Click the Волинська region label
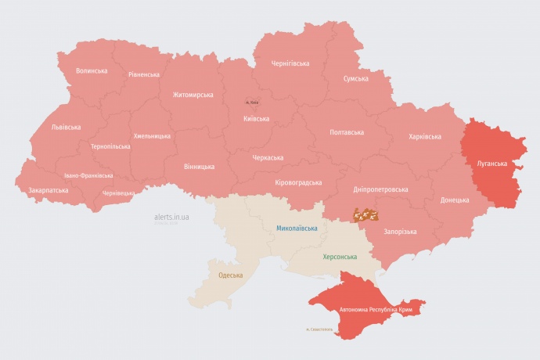(x=92, y=71)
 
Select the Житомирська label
(x=193, y=95)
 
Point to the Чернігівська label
(x=290, y=63)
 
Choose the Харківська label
(x=425, y=137)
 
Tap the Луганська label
(x=491, y=164)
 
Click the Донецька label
(x=455, y=200)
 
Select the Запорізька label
(x=399, y=232)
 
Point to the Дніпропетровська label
(x=380, y=189)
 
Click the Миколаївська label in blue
(x=297, y=229)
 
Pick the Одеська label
(x=230, y=275)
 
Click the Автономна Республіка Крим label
(x=375, y=311)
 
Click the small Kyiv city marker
(x=252, y=102)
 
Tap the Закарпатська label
(x=49, y=190)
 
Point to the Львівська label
(x=65, y=127)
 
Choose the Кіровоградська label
(x=298, y=182)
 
